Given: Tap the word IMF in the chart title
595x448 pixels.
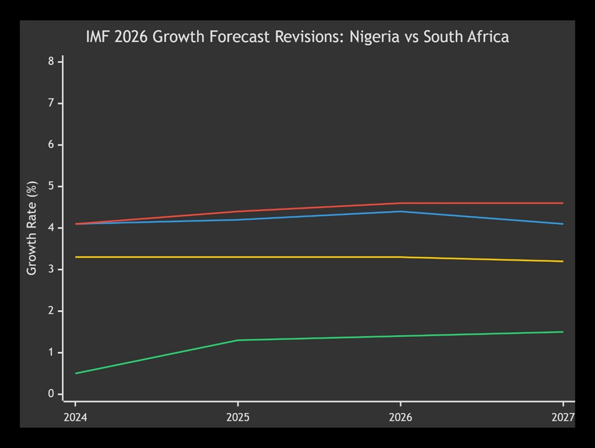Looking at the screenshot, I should [98, 37].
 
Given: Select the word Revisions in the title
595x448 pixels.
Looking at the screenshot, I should [316, 37].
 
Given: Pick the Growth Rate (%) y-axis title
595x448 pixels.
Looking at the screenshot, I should [32, 228].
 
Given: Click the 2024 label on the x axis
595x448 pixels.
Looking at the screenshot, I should [75, 417].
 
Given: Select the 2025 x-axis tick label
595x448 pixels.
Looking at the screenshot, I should [238, 417].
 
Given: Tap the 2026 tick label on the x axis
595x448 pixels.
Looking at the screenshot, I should [400, 417].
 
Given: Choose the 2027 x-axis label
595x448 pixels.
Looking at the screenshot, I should [563, 417].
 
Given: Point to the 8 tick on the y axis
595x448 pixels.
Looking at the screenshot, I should [52, 62].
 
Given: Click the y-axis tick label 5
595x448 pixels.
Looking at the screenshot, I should [52, 186].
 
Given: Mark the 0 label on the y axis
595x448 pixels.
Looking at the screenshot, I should [52, 394].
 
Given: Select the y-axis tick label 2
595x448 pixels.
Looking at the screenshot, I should [52, 311].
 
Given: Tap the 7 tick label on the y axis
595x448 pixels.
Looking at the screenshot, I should [52, 103].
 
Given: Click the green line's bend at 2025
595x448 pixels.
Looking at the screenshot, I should [238, 340].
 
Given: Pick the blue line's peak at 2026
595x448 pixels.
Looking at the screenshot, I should [400, 211].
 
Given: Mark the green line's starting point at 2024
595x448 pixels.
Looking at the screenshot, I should [76, 373].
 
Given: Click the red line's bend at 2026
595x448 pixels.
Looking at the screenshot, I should [400, 203].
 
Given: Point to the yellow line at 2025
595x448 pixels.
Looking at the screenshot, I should [238, 257].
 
